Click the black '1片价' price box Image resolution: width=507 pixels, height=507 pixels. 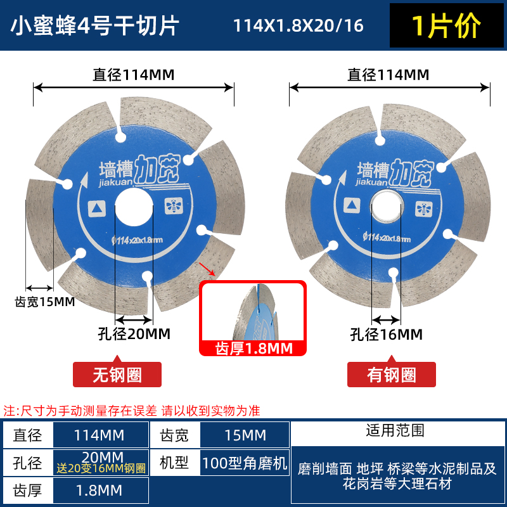pyautogui.click(x=447, y=25)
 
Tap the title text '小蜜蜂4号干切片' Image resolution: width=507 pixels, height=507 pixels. pyautogui.click(x=96, y=26)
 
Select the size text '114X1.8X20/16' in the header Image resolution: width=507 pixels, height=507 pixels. pyautogui.click(x=298, y=26)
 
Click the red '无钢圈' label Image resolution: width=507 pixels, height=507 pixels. pyautogui.click(x=117, y=375)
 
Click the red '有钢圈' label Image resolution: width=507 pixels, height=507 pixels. pyautogui.click(x=391, y=375)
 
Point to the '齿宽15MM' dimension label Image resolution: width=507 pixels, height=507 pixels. pyautogui.click(x=44, y=301)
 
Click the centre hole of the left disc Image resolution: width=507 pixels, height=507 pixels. pyautogui.click(x=134, y=207)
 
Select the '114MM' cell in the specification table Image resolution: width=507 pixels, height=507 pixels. pyautogui.click(x=101, y=435)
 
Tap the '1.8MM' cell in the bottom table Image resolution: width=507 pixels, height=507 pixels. pyautogui.click(x=101, y=490)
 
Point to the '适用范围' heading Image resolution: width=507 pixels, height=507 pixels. pyautogui.click(x=395, y=431)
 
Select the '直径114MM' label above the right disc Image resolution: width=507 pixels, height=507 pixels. pyautogui.click(x=388, y=75)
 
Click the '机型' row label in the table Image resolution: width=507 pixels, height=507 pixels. pyautogui.click(x=174, y=463)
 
